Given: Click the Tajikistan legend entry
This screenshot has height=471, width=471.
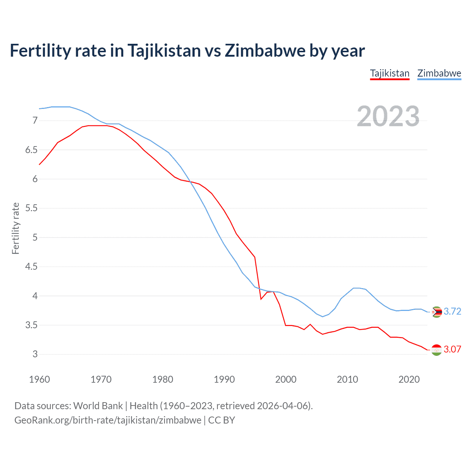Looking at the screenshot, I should point(390,73).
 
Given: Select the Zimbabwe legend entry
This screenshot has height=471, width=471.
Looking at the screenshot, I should point(439,73).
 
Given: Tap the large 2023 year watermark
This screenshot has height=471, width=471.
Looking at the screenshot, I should point(388,116).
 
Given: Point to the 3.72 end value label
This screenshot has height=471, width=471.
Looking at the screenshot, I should point(452,311).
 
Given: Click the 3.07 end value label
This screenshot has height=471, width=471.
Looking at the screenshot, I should point(452,349).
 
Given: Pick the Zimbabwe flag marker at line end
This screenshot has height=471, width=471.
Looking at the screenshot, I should point(436,312).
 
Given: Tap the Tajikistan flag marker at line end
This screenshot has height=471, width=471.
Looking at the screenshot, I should point(436,350).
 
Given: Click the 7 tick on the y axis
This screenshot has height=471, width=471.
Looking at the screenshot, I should point(35,120).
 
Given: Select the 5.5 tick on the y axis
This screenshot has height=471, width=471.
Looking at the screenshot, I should point(31,208).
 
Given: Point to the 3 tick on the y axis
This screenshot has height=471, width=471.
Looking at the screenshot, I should point(35,354).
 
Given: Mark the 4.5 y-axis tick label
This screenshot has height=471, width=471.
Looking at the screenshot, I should point(31,266).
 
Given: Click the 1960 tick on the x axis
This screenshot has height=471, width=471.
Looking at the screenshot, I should point(39,379).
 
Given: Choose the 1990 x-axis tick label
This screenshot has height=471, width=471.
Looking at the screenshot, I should point(224,379).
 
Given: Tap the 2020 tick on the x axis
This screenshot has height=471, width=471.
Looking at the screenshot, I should point(409,379).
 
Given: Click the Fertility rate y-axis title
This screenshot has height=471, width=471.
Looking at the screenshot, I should point(15,228).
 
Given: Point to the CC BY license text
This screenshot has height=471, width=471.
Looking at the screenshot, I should point(222,420).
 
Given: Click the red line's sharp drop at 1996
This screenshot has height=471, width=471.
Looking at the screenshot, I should point(261,299).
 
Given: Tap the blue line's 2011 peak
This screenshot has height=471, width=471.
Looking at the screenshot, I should point(354,288).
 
